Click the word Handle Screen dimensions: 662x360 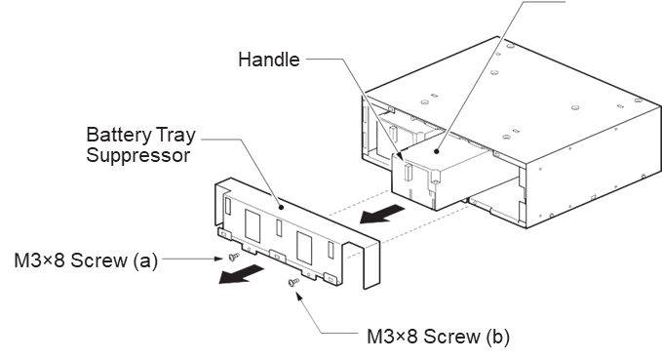[x=268, y=60]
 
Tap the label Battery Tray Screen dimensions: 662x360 [x=141, y=136]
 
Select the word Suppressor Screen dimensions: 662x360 [x=138, y=155]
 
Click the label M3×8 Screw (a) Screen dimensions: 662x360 [x=86, y=260]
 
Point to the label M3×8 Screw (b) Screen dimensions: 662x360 [x=438, y=337]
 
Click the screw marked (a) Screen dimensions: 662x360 [x=233, y=256]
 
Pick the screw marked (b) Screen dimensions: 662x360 [x=293, y=282]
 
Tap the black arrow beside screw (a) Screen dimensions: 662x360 [x=241, y=274]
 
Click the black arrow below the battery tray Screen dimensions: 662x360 [x=381, y=214]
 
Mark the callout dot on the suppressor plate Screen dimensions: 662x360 [x=281, y=207]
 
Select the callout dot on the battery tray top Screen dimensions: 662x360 [x=437, y=151]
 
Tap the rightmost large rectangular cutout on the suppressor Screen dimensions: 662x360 [x=304, y=248]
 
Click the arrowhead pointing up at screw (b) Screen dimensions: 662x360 [x=298, y=295]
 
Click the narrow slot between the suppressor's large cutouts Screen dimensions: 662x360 [x=279, y=227]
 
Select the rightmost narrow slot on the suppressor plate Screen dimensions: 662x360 [x=331, y=250]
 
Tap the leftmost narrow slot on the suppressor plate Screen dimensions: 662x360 [x=228, y=205]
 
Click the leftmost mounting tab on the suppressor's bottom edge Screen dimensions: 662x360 [x=223, y=233]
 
